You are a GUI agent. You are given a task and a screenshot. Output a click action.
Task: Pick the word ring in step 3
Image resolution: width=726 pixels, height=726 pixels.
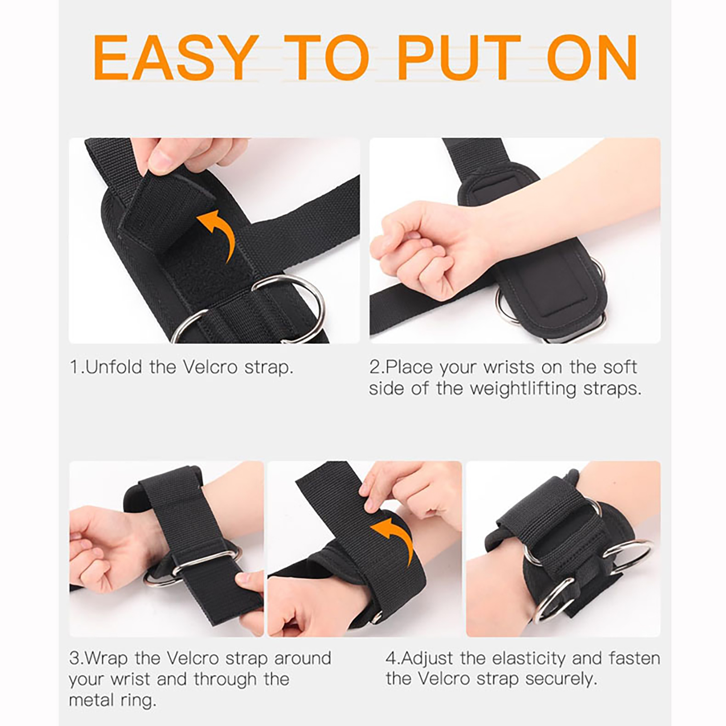(x=137, y=701)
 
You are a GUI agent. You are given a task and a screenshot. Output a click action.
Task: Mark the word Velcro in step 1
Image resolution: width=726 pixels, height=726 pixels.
(x=211, y=367)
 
